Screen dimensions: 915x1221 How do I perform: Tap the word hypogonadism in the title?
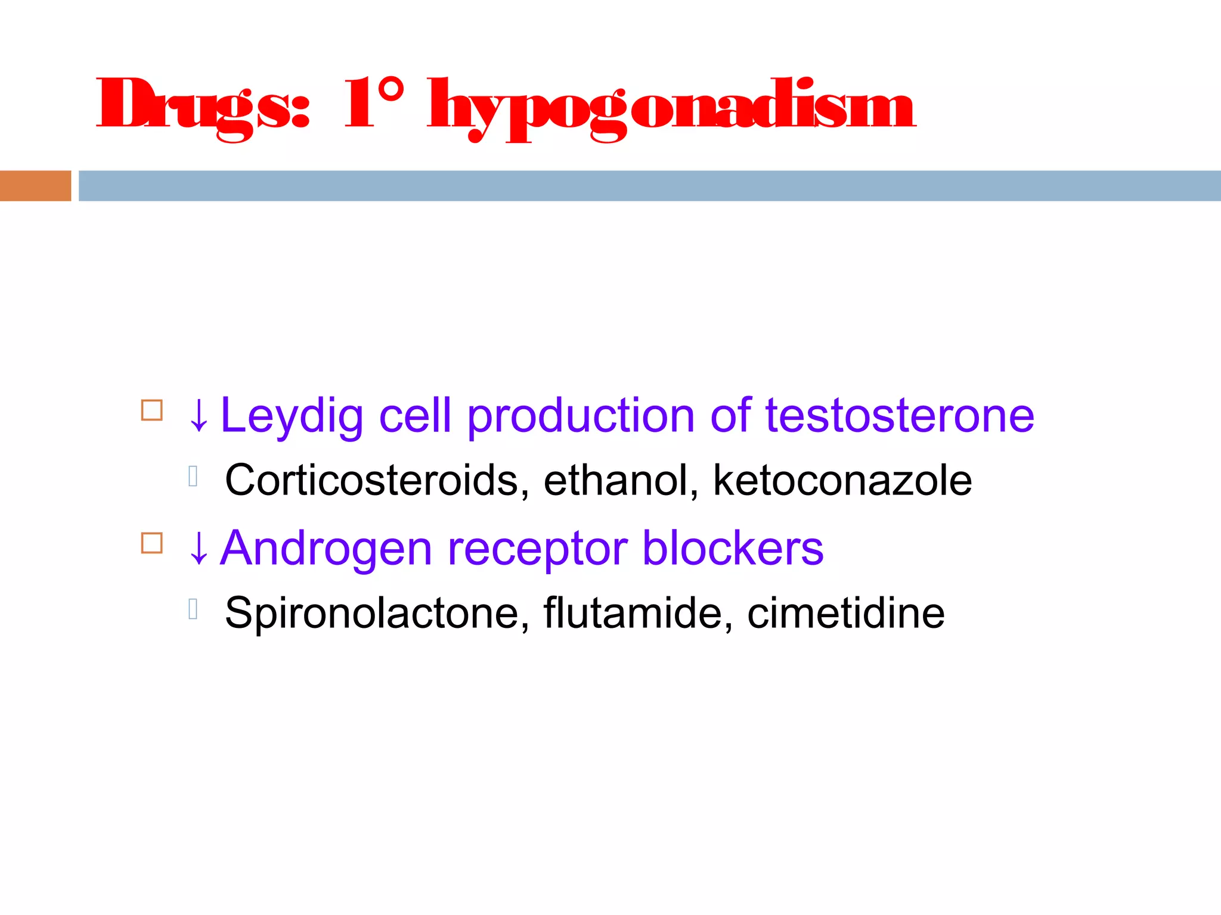click(x=671, y=107)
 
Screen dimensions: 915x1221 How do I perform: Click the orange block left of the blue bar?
click(x=35, y=186)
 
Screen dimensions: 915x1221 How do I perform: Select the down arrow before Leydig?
click(x=199, y=416)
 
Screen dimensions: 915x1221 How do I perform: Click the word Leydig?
click(x=292, y=416)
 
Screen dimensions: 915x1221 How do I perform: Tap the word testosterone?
click(x=900, y=416)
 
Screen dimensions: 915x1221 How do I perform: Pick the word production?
click(x=581, y=416)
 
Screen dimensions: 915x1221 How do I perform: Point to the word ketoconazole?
click(x=842, y=480)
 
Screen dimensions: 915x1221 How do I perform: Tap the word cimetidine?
click(x=845, y=613)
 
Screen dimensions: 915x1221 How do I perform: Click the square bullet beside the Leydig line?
click(x=152, y=410)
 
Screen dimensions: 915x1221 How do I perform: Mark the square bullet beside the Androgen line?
click(x=152, y=543)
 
